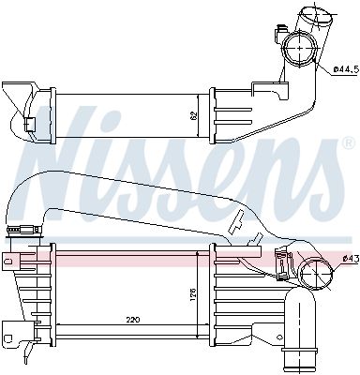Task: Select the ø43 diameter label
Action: point(350,258)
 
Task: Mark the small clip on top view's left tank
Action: point(30,125)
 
